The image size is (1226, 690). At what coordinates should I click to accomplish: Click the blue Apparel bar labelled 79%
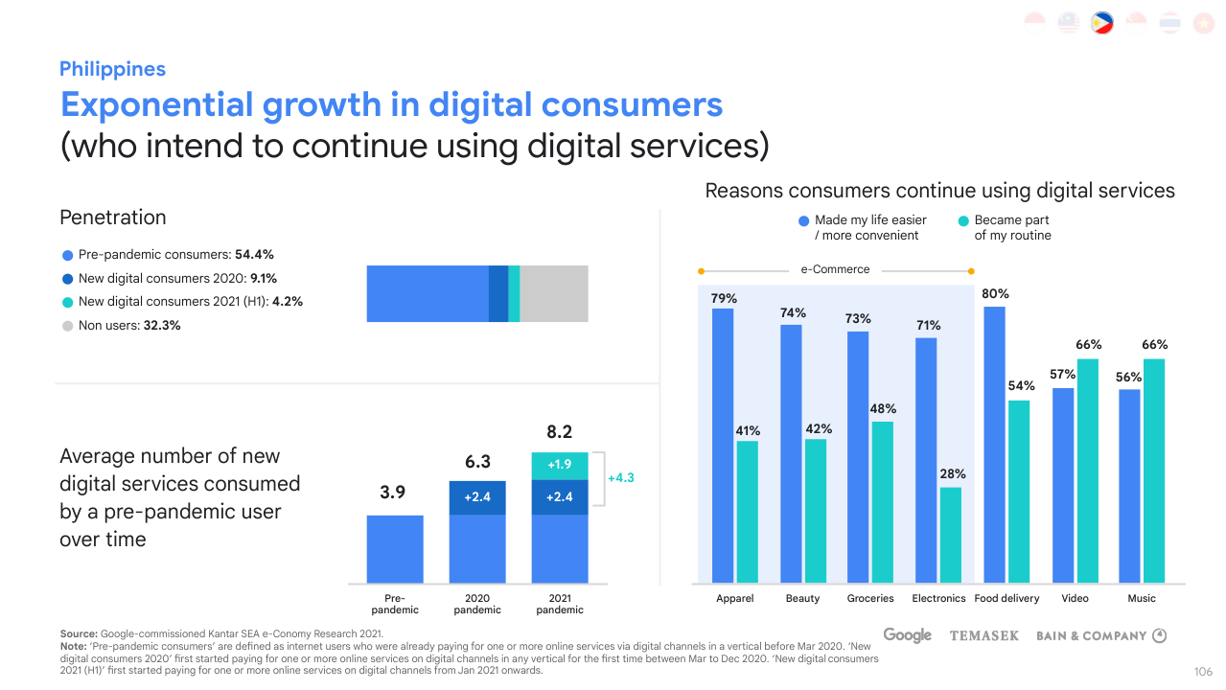pyautogui.click(x=723, y=445)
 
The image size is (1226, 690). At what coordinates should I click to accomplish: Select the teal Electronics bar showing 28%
pyautogui.click(x=950, y=535)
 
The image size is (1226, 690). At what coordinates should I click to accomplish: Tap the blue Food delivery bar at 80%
pyautogui.click(x=995, y=445)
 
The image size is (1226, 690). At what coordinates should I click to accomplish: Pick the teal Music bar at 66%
pyautogui.click(x=1154, y=471)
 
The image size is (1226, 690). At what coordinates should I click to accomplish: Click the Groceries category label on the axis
pyautogui.click(x=870, y=598)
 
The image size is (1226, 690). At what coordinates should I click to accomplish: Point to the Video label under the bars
pyautogui.click(x=1075, y=598)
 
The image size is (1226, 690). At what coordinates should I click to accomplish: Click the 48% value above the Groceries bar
pyautogui.click(x=883, y=409)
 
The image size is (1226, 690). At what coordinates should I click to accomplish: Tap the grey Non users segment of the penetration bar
pyautogui.click(x=554, y=293)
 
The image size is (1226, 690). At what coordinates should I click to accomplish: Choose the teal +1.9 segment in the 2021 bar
pyautogui.click(x=560, y=465)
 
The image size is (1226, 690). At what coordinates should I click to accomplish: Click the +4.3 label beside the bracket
pyautogui.click(x=621, y=477)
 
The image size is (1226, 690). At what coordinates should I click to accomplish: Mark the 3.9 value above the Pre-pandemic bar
pyautogui.click(x=393, y=493)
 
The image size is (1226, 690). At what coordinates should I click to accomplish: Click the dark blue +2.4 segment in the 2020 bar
pyautogui.click(x=477, y=497)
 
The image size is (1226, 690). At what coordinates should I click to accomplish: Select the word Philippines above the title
pyautogui.click(x=112, y=69)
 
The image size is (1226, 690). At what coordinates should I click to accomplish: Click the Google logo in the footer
pyautogui.click(x=907, y=635)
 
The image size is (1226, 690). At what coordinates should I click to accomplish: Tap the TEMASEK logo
pyautogui.click(x=983, y=635)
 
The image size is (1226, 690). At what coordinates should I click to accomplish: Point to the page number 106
pyautogui.click(x=1203, y=671)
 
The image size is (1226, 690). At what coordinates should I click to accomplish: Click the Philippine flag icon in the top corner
pyautogui.click(x=1101, y=23)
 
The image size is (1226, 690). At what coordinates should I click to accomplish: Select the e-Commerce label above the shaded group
pyautogui.click(x=835, y=269)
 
